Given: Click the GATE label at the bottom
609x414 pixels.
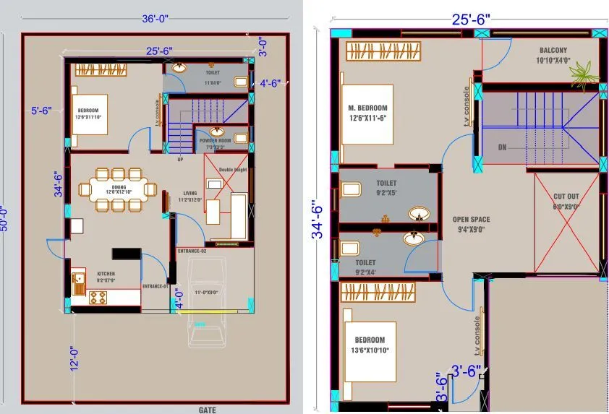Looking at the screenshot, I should coord(207,410).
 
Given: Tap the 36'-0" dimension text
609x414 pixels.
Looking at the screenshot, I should coord(155,20).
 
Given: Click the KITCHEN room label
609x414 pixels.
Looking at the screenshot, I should coord(106,275).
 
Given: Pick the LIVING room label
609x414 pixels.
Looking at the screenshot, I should coord(190,194).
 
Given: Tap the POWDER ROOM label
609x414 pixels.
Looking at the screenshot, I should coord(215,140).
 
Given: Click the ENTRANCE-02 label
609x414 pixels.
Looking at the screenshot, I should coord(192,251).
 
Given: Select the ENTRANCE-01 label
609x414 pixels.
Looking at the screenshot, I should coord(155,287).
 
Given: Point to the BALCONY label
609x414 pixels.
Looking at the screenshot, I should coord(553,51).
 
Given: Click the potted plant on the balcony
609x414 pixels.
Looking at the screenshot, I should coord(583,72).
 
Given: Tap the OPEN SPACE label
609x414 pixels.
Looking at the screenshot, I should coord(471,220).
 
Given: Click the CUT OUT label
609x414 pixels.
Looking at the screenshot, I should coord(566,197).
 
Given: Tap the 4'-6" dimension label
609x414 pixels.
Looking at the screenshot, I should coord(270,83).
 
